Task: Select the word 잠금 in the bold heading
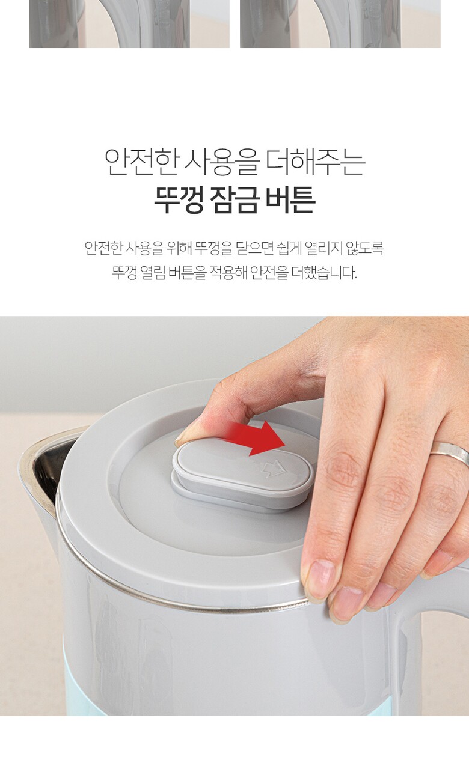[233, 200]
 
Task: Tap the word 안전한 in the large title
[141, 162]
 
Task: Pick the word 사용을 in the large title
[222, 162]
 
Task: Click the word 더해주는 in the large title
[316, 162]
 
